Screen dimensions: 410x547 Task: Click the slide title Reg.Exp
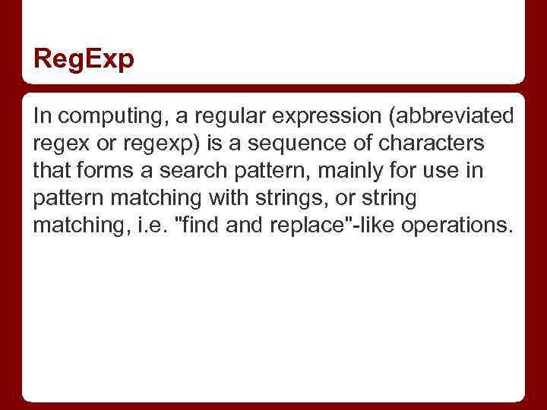point(84,58)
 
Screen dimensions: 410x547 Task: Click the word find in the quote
point(199,225)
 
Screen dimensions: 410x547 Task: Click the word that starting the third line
point(51,171)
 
